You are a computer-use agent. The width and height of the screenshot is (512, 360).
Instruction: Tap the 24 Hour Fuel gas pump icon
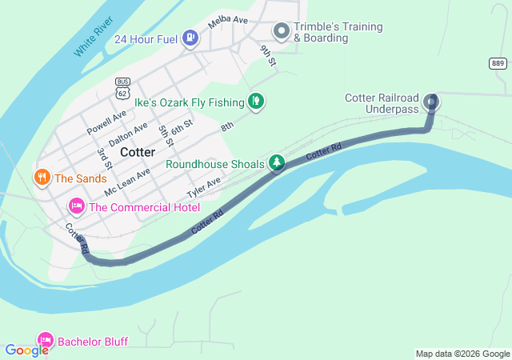[190, 38]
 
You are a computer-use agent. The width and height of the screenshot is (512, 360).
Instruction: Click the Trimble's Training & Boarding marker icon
[282, 31]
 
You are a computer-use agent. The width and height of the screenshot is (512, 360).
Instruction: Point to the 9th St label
[267, 55]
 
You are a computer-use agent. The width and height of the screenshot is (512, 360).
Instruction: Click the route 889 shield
[498, 64]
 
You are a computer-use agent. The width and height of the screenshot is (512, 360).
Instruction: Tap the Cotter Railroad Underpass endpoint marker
[432, 101]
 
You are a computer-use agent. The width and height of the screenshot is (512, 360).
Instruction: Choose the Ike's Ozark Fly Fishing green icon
[256, 101]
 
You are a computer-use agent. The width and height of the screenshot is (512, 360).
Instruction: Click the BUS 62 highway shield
[122, 87]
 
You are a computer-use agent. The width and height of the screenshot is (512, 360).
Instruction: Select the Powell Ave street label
[107, 122]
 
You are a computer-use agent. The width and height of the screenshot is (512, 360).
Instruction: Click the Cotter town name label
[138, 151]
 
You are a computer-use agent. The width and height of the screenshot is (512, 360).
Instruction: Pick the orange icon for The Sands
[42, 177]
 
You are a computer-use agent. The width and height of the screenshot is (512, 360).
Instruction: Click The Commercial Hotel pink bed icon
[77, 207]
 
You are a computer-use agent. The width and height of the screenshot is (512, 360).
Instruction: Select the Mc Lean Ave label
[126, 183]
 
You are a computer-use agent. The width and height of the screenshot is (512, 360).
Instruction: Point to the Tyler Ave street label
[203, 189]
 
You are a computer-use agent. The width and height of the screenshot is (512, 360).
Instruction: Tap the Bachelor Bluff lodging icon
[46, 341]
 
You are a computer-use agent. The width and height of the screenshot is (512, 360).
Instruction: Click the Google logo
[27, 350]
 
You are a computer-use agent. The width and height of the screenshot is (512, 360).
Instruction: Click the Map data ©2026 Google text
[462, 354]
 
